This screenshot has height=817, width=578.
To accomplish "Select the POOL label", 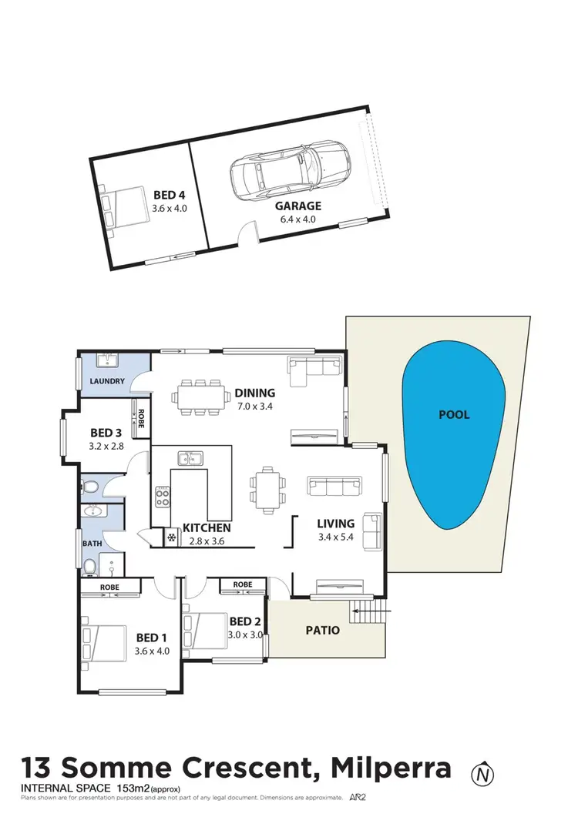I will coord(454,415).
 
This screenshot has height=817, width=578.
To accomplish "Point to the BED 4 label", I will coord(170,196).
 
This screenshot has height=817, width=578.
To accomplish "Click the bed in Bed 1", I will coord(105,643).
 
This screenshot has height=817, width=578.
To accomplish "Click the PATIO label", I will coord(322,630).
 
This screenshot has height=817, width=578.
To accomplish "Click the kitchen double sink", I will coord(190,460).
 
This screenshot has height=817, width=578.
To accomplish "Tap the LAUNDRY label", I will coord(107,381).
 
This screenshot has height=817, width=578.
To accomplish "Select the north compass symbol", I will coord(483,772).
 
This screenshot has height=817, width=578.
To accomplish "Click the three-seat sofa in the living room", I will coord(334,486).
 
